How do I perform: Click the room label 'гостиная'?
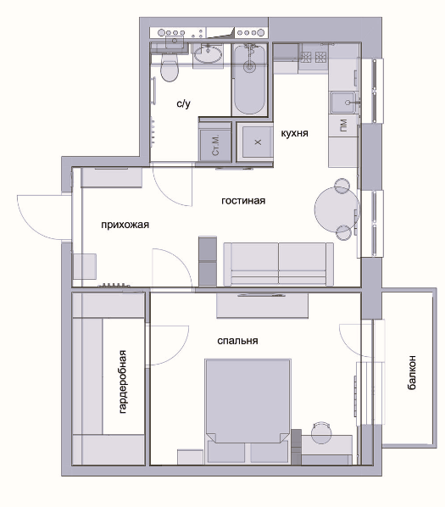pyautogui.click(x=243, y=201)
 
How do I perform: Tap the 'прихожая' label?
pyautogui.click(x=125, y=225)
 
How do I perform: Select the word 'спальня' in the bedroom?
pyautogui.click(x=237, y=341)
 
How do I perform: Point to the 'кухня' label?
pyautogui.click(x=294, y=133)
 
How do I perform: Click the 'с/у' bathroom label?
pyautogui.click(x=184, y=103)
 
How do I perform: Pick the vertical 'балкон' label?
pyautogui.click(x=411, y=372)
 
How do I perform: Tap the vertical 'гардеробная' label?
pyautogui.click(x=122, y=382)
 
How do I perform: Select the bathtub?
pyautogui.click(x=249, y=79)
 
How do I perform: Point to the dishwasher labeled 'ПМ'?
pyautogui.click(x=343, y=125)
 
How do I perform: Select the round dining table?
pyautogui.click(x=337, y=209)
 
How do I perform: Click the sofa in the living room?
pyautogui.click(x=279, y=265)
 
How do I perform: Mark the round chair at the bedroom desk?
pyautogui.click(x=321, y=432)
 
